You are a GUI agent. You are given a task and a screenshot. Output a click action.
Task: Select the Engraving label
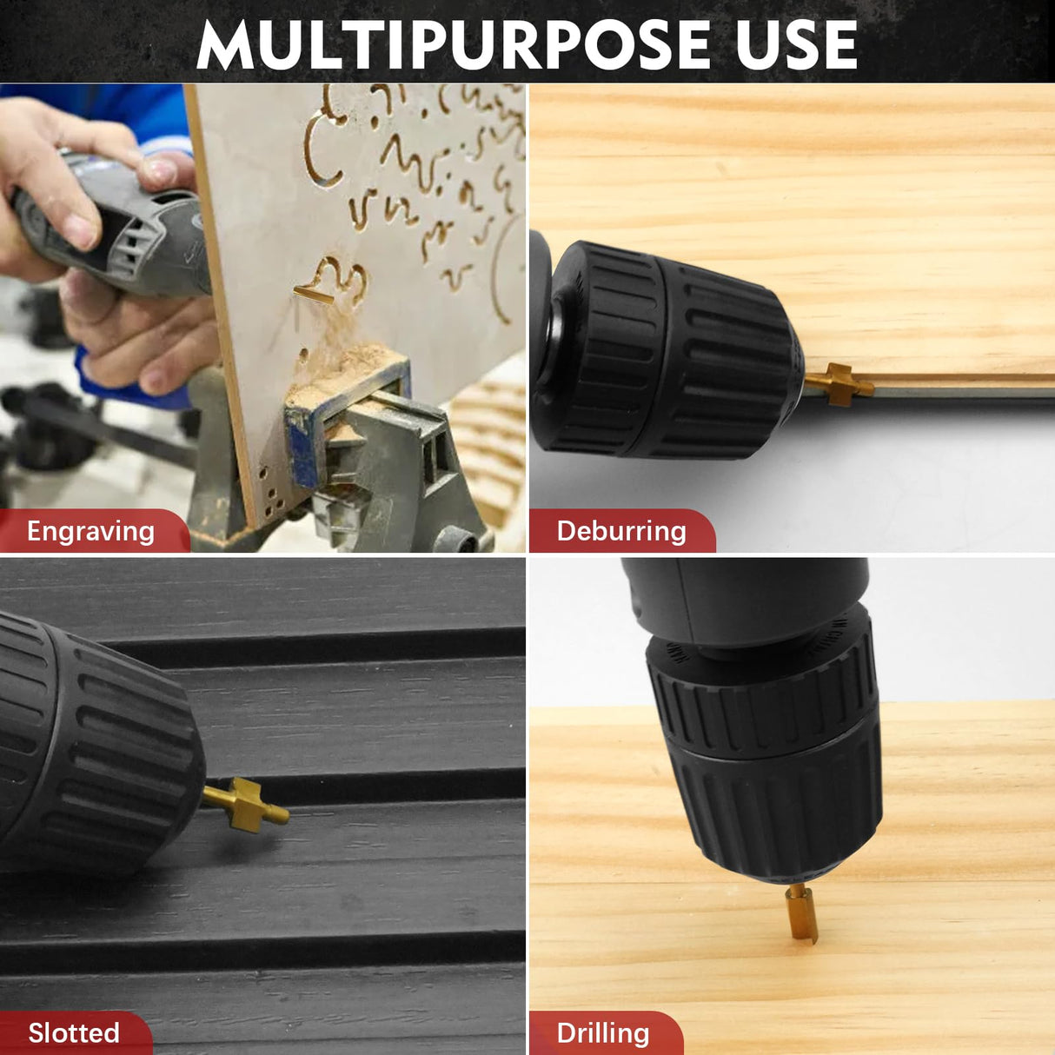tap(91, 532)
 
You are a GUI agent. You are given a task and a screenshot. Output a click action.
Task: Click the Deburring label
tap(621, 531)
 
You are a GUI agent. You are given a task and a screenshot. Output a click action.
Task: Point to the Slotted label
tap(74, 1032)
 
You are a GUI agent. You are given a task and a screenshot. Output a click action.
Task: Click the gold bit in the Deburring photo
tap(838, 385)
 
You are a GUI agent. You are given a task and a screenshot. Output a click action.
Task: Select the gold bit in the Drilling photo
tap(800, 913)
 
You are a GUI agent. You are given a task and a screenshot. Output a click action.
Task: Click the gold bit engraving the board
tap(313, 295)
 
